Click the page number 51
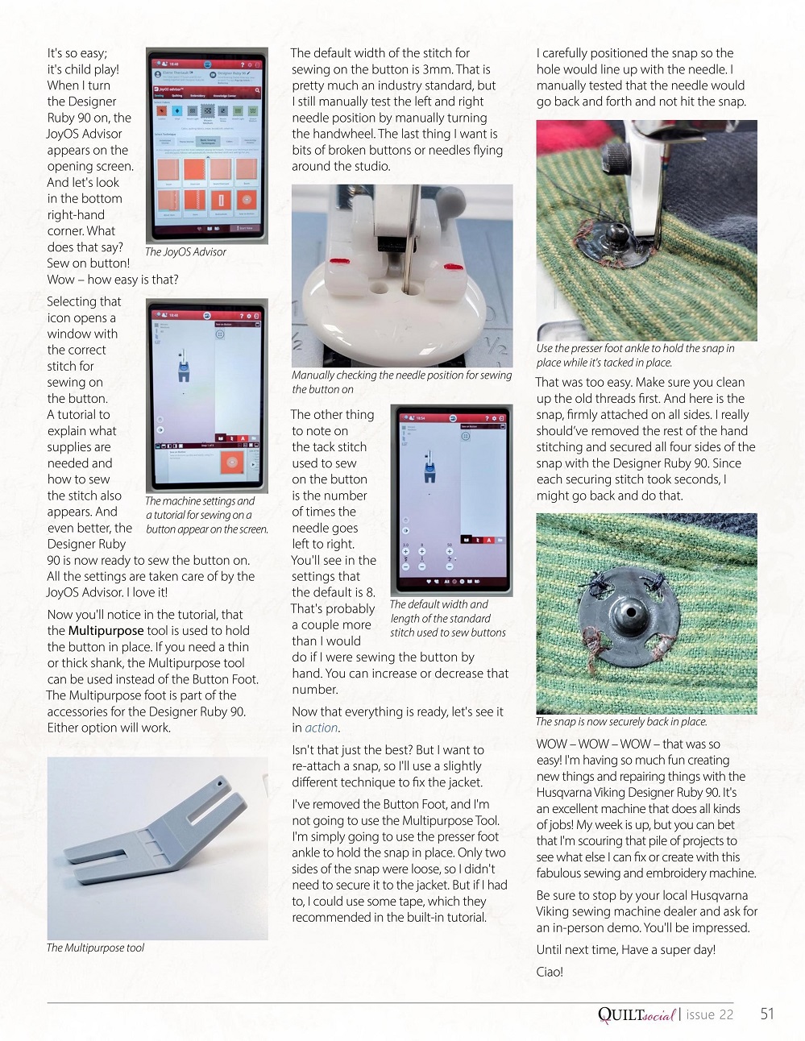pyautogui.click(x=766, y=1014)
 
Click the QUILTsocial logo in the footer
pyautogui.click(x=636, y=1014)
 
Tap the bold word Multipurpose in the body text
pyautogui.click(x=106, y=631)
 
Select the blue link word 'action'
pyautogui.click(x=321, y=728)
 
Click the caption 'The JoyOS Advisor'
pyautogui.click(x=185, y=252)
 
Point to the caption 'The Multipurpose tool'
pyautogui.click(x=95, y=948)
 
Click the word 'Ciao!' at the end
pyautogui.click(x=550, y=972)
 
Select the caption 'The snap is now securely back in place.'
pyautogui.click(x=621, y=722)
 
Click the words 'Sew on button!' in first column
pyautogui.click(x=88, y=263)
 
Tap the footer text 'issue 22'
pyautogui.click(x=709, y=1014)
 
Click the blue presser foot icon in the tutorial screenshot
pyautogui.click(x=185, y=372)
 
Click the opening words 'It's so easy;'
pyautogui.click(x=77, y=53)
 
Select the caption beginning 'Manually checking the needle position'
pyautogui.click(x=401, y=382)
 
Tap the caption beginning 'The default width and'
pyautogui.click(x=448, y=618)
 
